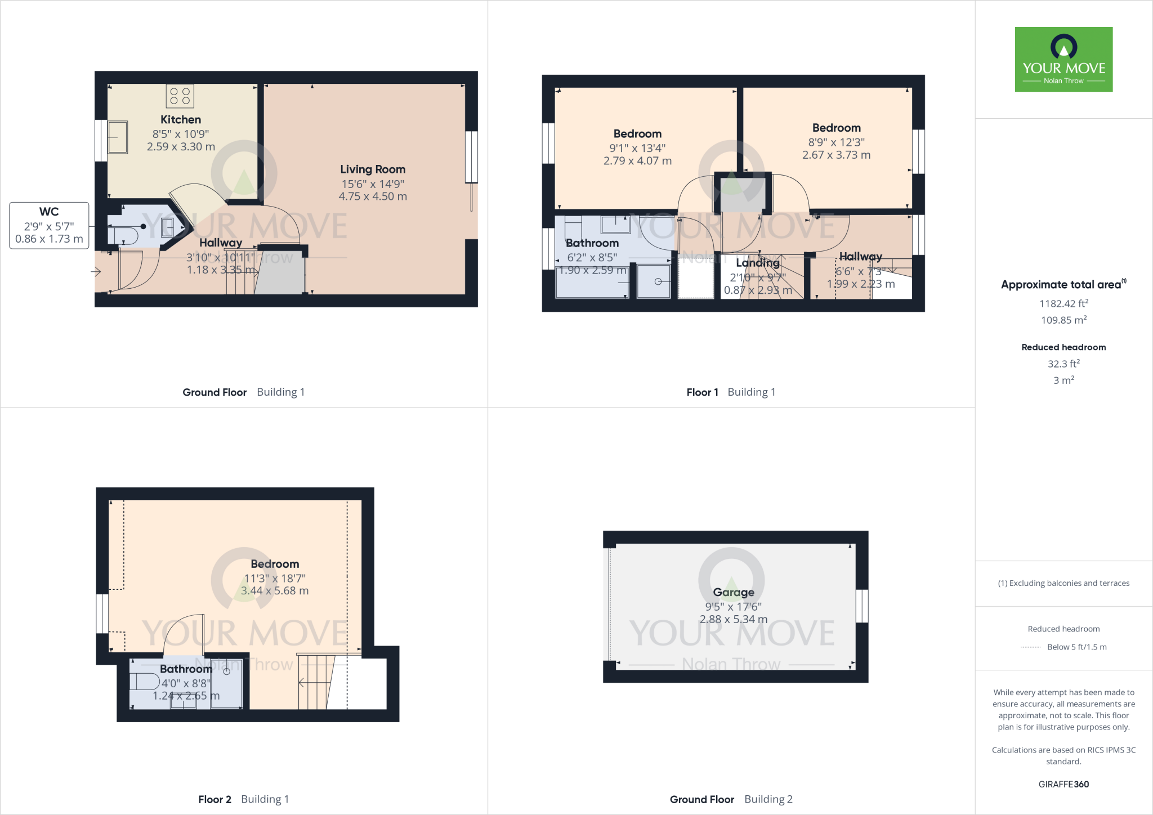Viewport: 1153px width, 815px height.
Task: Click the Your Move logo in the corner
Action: coord(1063,59)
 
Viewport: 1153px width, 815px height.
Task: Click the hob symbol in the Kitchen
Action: coord(180,96)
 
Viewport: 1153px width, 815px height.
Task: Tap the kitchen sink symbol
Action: coord(118,137)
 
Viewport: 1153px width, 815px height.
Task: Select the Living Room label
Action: coord(373,169)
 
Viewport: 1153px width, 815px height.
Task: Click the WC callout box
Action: coord(49,225)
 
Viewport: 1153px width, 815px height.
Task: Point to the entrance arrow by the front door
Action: coord(96,272)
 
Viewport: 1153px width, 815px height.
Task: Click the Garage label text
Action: coord(733,592)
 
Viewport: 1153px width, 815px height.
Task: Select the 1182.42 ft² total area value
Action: coord(1063,303)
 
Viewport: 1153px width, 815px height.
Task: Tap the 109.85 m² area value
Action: coord(1063,320)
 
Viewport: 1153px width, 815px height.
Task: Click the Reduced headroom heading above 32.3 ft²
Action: coord(1063,347)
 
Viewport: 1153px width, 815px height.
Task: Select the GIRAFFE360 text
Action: coord(1063,784)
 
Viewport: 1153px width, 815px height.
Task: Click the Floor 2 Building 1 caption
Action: coord(243,799)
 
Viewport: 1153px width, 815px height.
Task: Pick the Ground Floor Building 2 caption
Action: coord(731,799)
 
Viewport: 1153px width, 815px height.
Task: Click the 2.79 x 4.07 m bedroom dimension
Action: coord(637,161)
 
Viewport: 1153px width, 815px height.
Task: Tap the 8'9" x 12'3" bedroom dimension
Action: coord(836,142)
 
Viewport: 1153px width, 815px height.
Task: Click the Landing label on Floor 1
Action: coord(757,263)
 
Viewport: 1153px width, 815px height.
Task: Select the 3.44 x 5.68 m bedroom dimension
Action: coord(275,591)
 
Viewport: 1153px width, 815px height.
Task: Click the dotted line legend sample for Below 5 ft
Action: coord(1030,647)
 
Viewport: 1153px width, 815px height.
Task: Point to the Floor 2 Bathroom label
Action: coord(186,669)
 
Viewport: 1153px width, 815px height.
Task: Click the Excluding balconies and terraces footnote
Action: coord(1063,583)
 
